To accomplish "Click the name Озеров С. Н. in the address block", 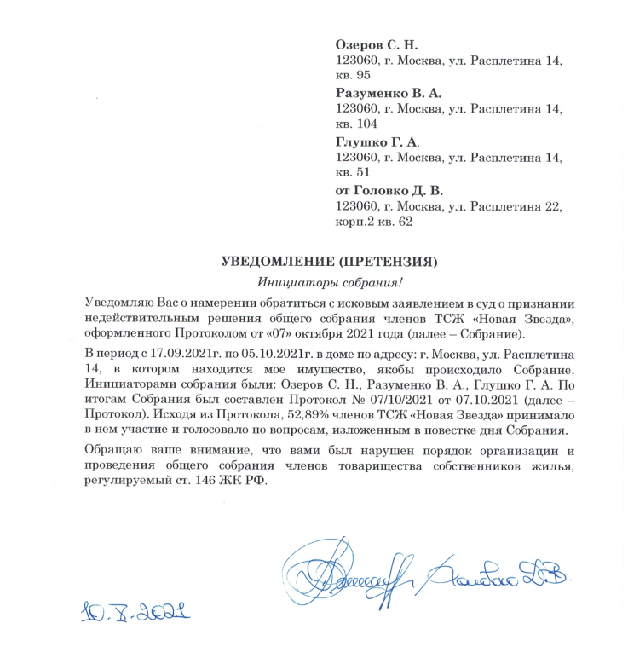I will coord(377,44).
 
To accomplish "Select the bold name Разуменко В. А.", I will coord(388,92).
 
